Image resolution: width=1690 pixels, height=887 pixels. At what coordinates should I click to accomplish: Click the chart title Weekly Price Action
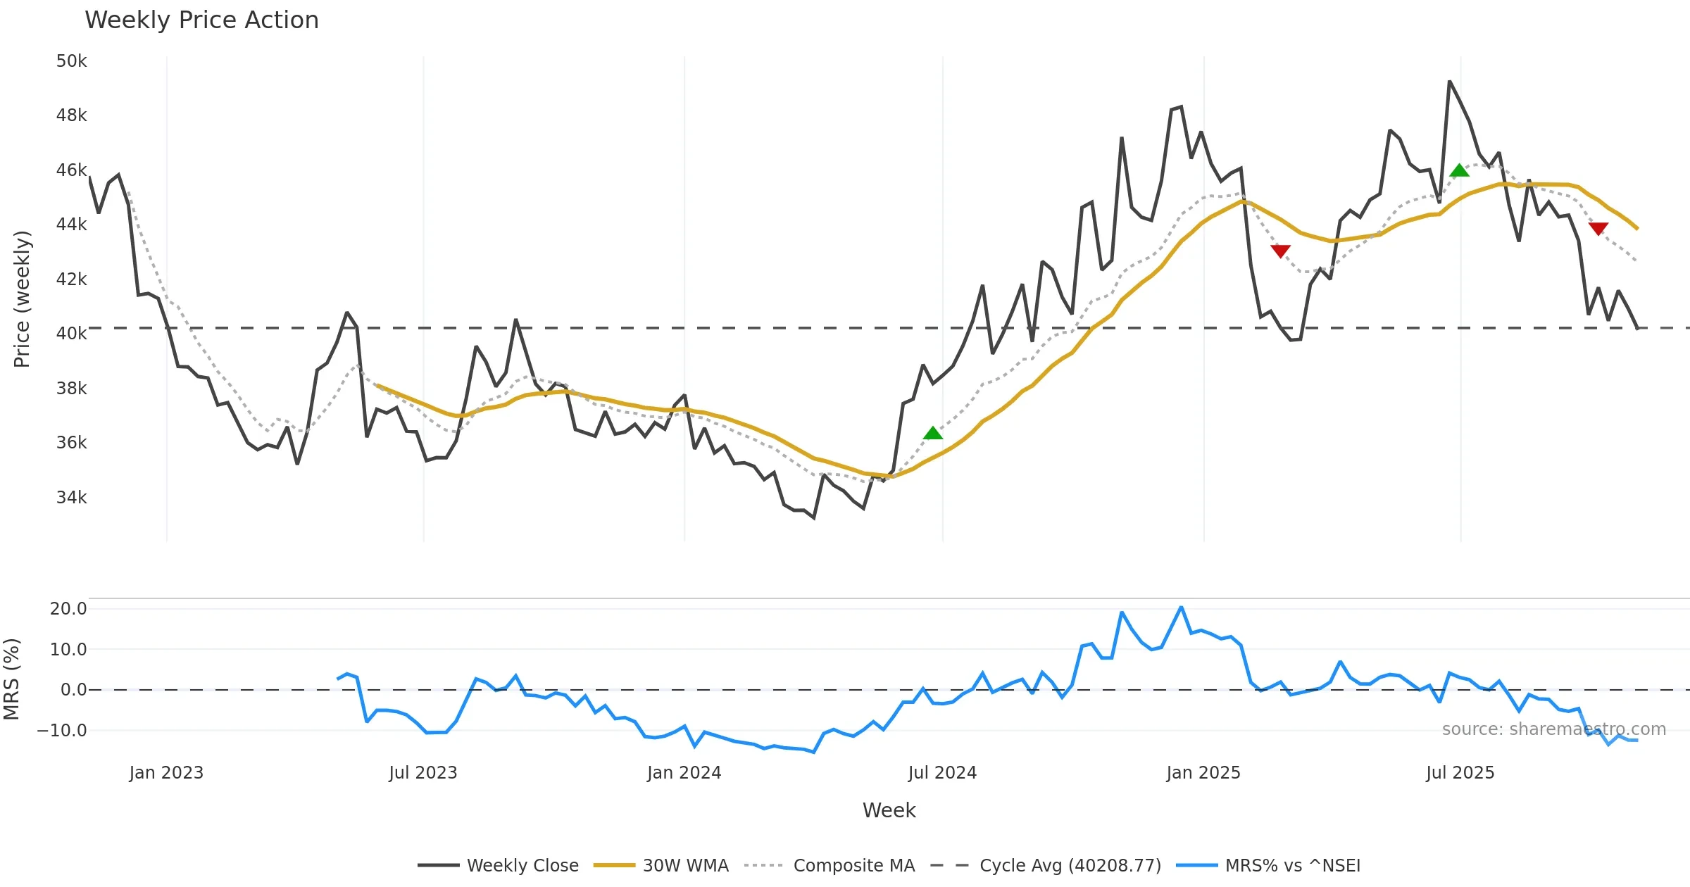(x=201, y=20)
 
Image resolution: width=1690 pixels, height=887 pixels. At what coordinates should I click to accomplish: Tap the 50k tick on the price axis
(x=71, y=61)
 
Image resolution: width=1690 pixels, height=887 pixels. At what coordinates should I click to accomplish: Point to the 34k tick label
(x=71, y=498)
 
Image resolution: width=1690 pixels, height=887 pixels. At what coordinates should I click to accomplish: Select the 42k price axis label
(x=71, y=279)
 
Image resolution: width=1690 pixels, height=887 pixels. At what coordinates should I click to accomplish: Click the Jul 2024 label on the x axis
(x=942, y=773)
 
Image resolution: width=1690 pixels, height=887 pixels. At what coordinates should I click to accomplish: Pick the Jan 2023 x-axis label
(x=166, y=773)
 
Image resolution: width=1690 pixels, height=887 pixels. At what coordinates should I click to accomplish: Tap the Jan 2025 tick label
(x=1203, y=773)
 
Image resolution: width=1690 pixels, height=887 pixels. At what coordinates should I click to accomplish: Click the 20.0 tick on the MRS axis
(x=68, y=609)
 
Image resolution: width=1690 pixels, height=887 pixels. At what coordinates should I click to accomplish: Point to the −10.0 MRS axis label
(x=62, y=731)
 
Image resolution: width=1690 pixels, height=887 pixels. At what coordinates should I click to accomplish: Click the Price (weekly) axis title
(x=22, y=299)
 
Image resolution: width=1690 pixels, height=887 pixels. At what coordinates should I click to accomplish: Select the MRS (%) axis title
(x=11, y=679)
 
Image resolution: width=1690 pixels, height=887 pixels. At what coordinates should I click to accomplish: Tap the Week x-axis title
(x=889, y=811)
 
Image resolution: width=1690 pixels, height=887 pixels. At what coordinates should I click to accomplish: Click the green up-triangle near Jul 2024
(x=933, y=434)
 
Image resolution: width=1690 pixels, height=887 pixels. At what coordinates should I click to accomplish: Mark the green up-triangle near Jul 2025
(x=1459, y=170)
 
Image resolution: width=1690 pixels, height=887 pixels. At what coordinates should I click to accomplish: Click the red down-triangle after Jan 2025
(x=1280, y=251)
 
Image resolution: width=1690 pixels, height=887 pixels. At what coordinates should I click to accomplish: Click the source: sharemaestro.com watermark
(x=1553, y=729)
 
